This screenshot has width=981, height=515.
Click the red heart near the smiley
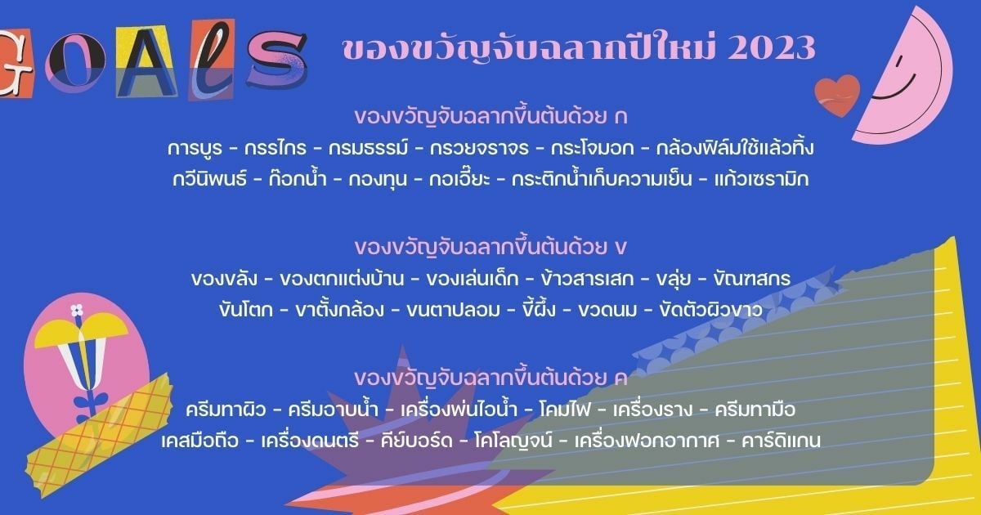point(836,92)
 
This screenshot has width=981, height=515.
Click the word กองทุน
point(384,178)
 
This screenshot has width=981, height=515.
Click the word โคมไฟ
point(565,410)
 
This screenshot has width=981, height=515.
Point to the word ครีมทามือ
point(755,410)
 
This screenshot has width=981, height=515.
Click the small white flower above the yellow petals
point(78,310)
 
